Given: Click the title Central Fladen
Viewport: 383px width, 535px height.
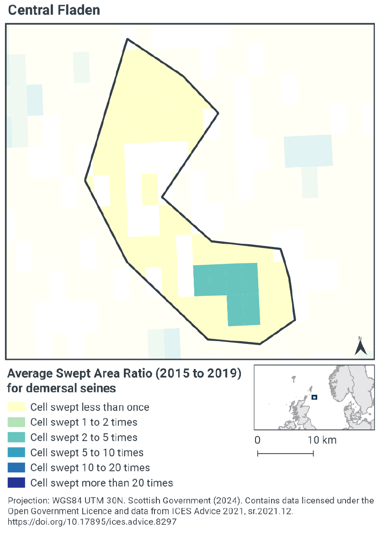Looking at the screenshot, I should (54, 10).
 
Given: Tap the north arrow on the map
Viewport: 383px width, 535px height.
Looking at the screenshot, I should (361, 346).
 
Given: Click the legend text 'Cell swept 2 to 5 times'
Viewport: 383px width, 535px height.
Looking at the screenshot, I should (84, 438).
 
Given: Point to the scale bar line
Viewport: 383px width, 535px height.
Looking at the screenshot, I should (285, 454).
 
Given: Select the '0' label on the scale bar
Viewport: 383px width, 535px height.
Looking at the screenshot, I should (258, 440).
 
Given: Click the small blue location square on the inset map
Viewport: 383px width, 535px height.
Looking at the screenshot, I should (314, 397).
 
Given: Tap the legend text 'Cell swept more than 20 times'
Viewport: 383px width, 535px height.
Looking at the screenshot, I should (101, 482).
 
